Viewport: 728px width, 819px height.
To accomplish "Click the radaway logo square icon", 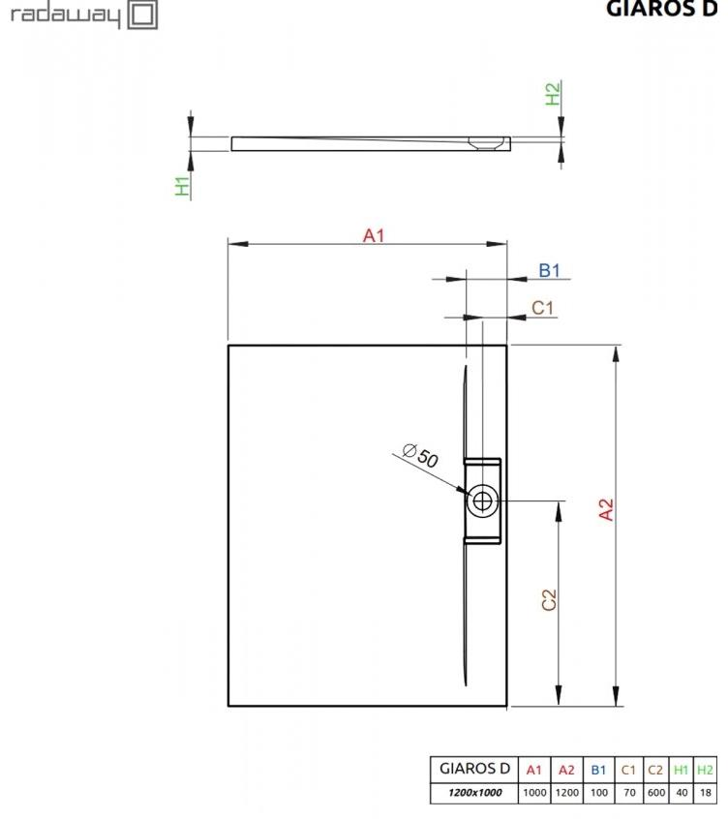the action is coord(142,15).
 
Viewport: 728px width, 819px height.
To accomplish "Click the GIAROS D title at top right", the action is coord(661,9).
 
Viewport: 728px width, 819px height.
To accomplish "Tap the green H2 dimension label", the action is coord(553,94).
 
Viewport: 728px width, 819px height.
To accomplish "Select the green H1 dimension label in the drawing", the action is coord(182,186).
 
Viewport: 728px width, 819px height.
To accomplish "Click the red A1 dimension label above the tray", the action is coord(374,235).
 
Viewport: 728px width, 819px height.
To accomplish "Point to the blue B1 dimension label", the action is coord(550,270).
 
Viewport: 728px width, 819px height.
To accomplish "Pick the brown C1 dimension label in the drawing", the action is coord(542,308).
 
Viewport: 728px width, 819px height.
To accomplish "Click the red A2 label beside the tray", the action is coord(605,510).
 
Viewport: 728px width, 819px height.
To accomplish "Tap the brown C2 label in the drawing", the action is coord(549,599).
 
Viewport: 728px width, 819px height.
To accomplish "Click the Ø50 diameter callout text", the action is coord(421,455).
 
